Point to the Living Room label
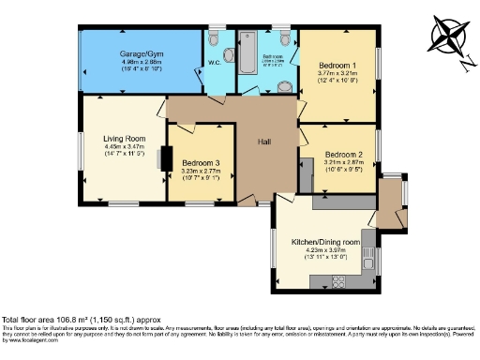pos(123,138)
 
